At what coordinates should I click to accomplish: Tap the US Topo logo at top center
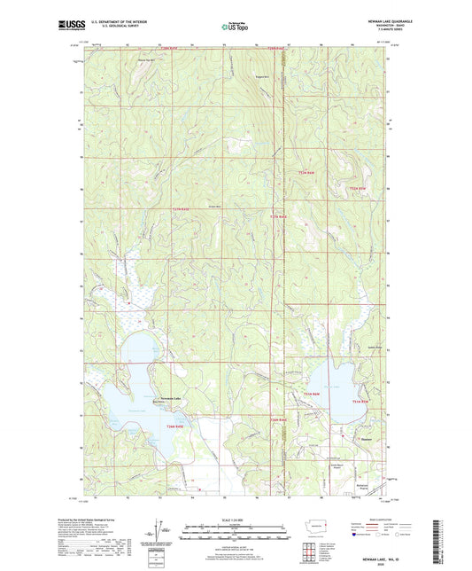pos(234,27)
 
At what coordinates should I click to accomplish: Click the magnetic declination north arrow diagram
pos(162,532)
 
